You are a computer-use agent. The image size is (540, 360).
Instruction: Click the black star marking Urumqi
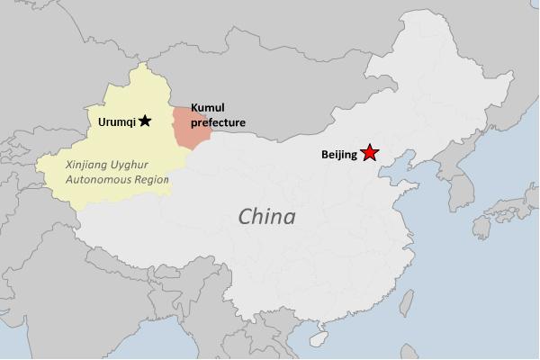145,120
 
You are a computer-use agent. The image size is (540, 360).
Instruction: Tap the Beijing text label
338,155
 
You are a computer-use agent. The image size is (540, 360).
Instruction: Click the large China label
266,217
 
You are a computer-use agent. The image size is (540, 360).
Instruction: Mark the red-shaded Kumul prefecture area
192,129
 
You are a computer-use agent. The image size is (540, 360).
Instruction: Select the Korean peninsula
460,180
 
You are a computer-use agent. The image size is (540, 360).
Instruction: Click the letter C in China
244,217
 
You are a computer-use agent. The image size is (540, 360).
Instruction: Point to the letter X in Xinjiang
71,165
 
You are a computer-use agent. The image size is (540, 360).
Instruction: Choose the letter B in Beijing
325,155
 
